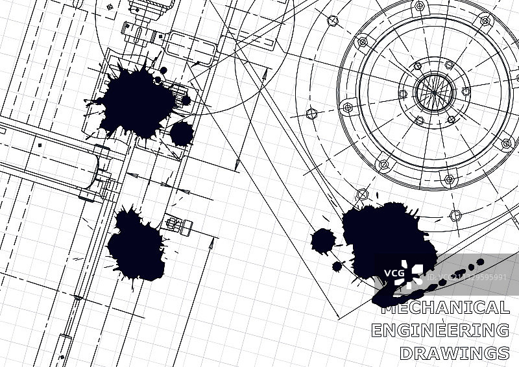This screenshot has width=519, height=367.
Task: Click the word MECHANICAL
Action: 445,307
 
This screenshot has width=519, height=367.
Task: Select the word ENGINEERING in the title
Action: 441,330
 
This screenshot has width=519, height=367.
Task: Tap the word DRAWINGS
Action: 455,353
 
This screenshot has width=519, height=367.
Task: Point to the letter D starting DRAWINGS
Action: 406,353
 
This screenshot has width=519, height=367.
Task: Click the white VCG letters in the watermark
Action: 394,274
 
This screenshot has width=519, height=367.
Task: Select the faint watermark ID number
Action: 466,277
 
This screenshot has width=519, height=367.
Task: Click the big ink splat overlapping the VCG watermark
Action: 387,242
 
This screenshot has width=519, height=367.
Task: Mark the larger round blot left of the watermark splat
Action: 322,241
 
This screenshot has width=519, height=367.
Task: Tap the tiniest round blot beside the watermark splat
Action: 337,266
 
